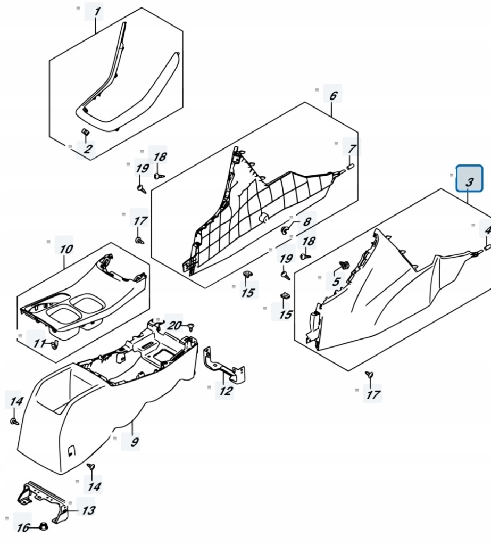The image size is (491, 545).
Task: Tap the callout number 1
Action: (97, 12)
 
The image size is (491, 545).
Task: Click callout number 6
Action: (333, 95)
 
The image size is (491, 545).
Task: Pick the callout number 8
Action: (307, 221)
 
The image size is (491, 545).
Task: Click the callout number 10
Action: (66, 249)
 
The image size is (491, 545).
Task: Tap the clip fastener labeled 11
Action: (55, 345)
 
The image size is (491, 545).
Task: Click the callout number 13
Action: (89, 510)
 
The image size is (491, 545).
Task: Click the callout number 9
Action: (135, 441)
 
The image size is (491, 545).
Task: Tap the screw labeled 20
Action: (191, 327)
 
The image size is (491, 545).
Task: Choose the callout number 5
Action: (336, 281)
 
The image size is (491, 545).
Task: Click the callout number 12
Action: (226, 391)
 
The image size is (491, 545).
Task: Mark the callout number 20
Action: (174, 325)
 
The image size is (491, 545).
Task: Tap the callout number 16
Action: (23, 527)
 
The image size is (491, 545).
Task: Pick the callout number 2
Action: (88, 149)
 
